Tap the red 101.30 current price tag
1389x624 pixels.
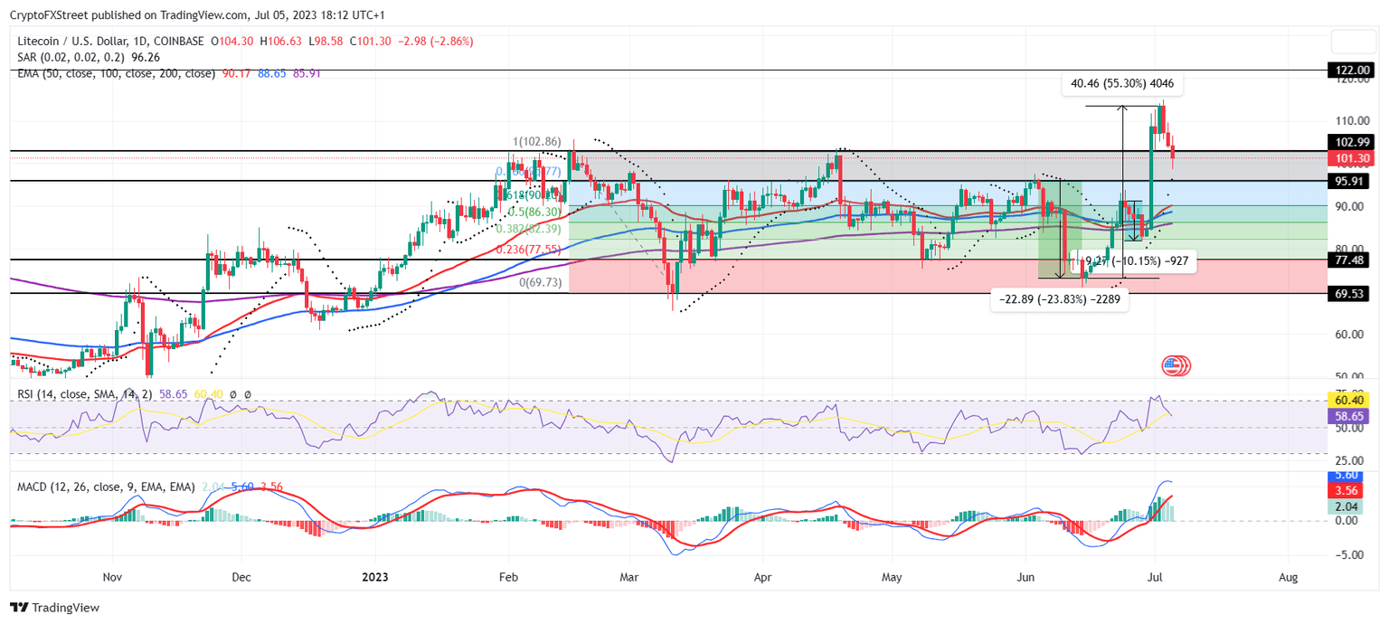click(1353, 158)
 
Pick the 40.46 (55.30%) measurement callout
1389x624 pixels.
click(1122, 83)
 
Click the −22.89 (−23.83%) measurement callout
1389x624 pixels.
click(1061, 299)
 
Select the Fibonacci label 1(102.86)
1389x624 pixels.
click(537, 142)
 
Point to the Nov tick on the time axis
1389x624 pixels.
click(112, 576)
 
